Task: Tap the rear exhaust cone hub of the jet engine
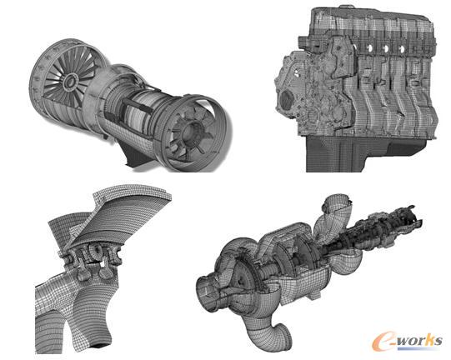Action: pos(190,131)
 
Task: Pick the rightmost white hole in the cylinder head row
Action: pos(401,48)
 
